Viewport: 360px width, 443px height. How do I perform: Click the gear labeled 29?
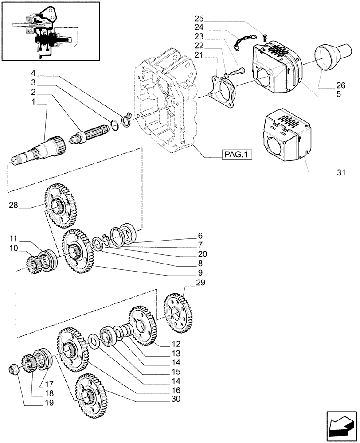(x=180, y=313)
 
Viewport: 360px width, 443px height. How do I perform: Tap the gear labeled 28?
(x=61, y=206)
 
